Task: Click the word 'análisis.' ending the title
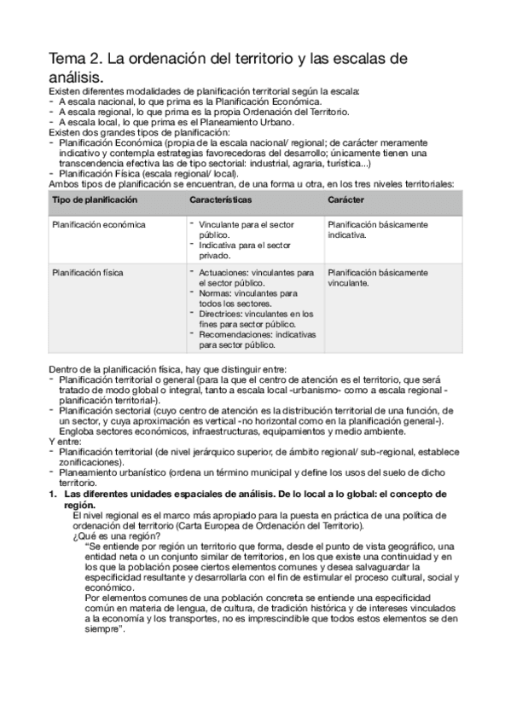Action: pyautogui.click(x=82, y=78)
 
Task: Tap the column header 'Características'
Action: pyautogui.click(x=220, y=199)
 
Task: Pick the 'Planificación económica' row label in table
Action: pyautogui.click(x=99, y=225)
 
